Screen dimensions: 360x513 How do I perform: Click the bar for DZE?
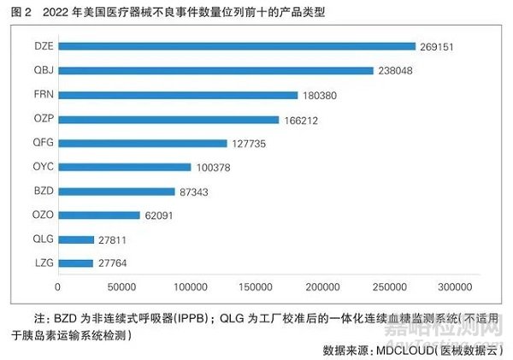coord(236,46)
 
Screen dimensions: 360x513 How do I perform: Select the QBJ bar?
coord(215,70)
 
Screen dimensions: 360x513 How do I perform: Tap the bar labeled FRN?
coord(178,95)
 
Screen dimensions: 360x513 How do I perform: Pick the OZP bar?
coord(168,119)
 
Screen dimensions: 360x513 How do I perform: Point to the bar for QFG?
coord(143,143)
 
